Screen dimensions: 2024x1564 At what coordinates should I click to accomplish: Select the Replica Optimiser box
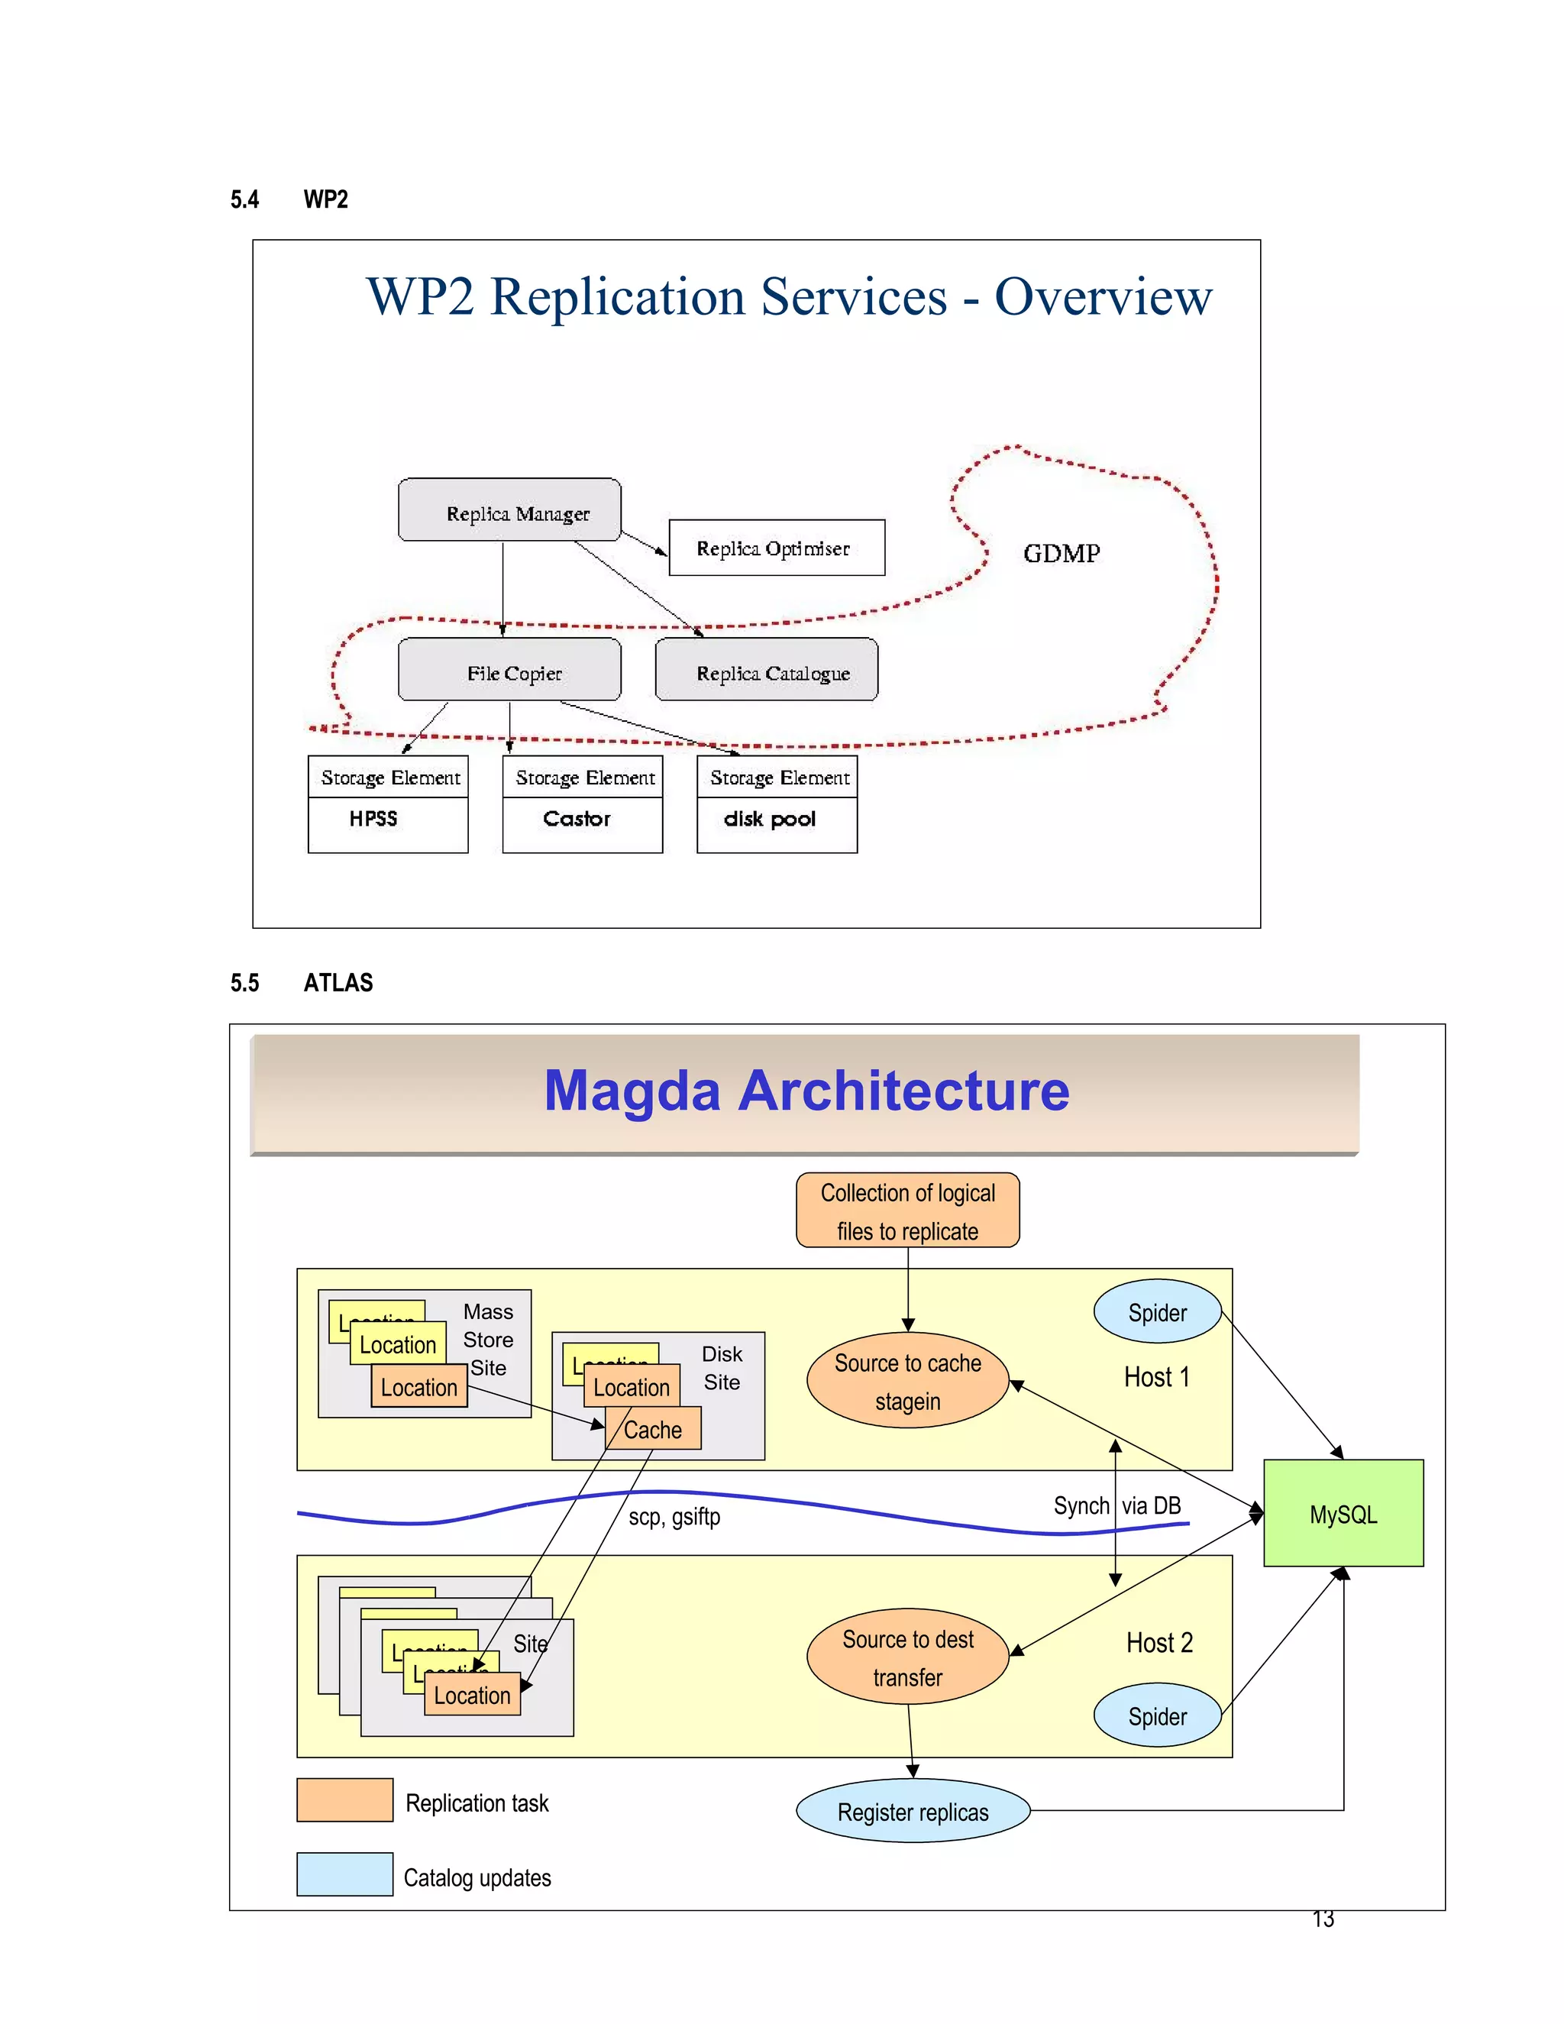(x=776, y=548)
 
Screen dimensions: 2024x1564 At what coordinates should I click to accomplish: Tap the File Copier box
(x=509, y=670)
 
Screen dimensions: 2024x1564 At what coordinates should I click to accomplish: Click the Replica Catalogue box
(x=766, y=670)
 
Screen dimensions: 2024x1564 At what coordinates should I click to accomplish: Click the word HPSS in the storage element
(x=373, y=818)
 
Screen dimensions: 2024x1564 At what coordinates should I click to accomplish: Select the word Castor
(x=577, y=818)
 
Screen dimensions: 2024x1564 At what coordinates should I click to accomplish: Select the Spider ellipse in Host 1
(x=1156, y=1312)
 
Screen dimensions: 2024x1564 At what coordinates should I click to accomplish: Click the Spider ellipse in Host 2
(x=1156, y=1716)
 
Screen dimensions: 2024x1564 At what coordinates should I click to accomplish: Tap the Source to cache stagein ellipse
(x=907, y=1381)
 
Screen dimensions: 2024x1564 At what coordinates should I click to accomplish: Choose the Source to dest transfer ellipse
(x=907, y=1657)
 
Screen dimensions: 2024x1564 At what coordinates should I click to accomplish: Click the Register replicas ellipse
(x=913, y=1812)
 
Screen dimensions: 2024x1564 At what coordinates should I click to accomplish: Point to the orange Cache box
(x=653, y=1429)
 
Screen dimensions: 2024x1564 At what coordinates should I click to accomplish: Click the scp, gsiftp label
(x=674, y=1517)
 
